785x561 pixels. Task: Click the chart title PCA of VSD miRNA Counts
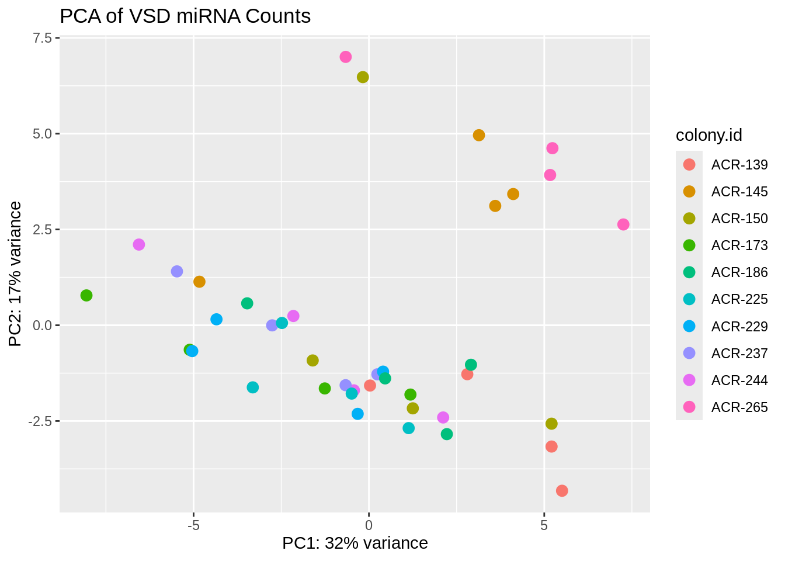pos(185,16)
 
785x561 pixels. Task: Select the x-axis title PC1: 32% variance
pos(355,543)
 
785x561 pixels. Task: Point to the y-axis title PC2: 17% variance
pos(16,273)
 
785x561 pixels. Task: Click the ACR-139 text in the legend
pos(739,165)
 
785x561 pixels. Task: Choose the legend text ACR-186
pos(739,272)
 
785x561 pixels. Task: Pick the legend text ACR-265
pos(739,407)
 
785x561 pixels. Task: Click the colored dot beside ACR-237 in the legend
pos(689,353)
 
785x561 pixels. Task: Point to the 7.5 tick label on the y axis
pos(42,38)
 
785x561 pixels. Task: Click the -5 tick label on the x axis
pos(193,525)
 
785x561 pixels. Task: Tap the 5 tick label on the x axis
pos(544,525)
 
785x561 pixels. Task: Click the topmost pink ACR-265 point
pos(346,57)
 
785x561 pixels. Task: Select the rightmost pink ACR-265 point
pos(623,224)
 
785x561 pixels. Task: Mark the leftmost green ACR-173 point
pos(86,296)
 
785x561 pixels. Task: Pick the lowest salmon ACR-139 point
pos(562,491)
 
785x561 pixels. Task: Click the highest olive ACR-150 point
pos(363,77)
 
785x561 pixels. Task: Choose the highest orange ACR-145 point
pos(479,135)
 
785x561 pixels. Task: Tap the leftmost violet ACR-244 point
pos(138,244)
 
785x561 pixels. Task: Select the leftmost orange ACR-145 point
pos(199,282)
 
